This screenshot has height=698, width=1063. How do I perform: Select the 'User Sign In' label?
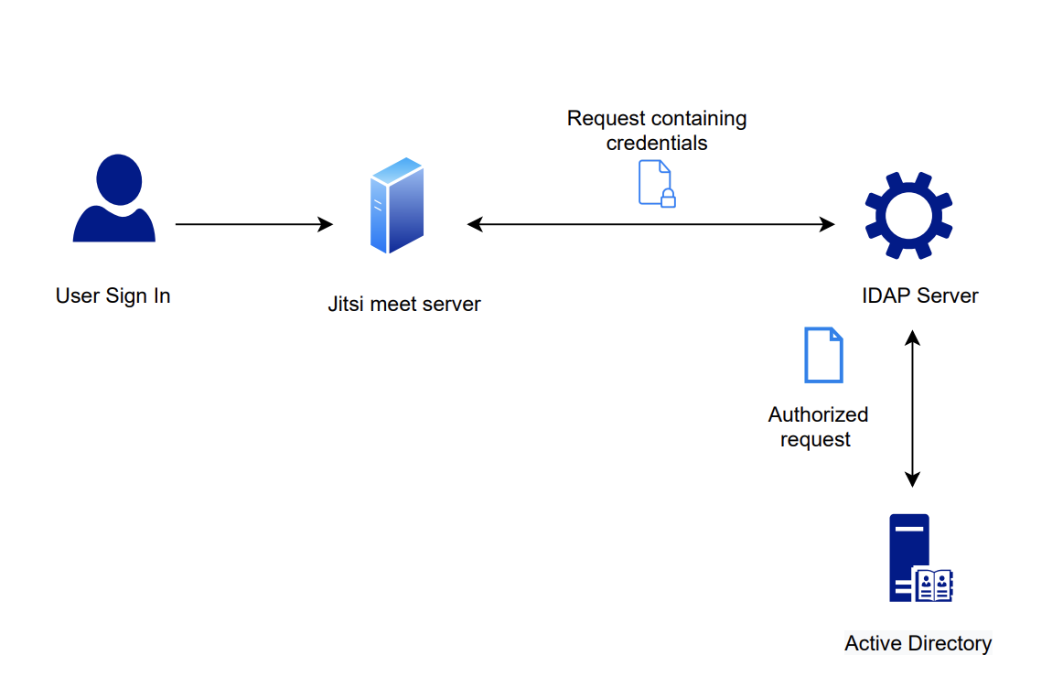point(113,295)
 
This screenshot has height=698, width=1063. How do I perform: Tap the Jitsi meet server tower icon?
point(396,206)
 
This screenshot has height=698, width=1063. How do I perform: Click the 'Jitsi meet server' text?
point(403,304)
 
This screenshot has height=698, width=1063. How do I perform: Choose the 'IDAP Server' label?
point(919,295)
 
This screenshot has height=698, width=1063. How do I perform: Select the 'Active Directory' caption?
point(918,643)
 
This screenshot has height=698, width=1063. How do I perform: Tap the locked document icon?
point(655,183)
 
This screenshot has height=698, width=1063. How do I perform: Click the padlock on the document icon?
point(668,198)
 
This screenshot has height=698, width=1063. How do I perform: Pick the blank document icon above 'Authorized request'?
point(823,355)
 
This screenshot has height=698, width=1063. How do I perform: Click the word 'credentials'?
point(656,144)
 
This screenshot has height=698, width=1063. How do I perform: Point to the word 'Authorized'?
point(818,414)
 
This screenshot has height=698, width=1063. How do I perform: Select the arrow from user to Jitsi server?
point(253,224)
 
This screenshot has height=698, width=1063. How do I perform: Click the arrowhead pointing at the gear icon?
point(827,224)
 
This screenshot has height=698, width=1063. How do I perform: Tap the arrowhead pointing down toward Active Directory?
point(911,478)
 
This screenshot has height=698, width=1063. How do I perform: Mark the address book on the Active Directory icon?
point(933,585)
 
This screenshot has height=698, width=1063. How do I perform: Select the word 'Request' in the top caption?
point(601,119)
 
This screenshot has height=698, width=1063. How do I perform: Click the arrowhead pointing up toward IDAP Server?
point(911,338)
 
